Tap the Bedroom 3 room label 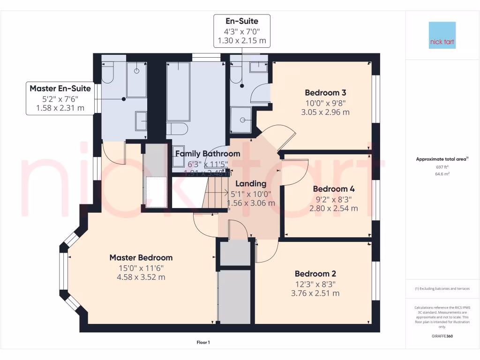[x=325, y=92]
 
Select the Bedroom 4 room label [x=333, y=189]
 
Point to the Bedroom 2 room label [x=315, y=274]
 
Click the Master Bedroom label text [x=141, y=257]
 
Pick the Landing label [x=251, y=184]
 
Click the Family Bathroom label [x=207, y=154]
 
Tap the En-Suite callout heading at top [x=242, y=21]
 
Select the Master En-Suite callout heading [x=60, y=88]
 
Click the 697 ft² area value [x=442, y=167]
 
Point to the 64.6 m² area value [x=442, y=173]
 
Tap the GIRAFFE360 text [x=442, y=336]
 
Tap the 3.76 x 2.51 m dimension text [x=315, y=293]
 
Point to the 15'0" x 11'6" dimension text [x=141, y=268]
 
